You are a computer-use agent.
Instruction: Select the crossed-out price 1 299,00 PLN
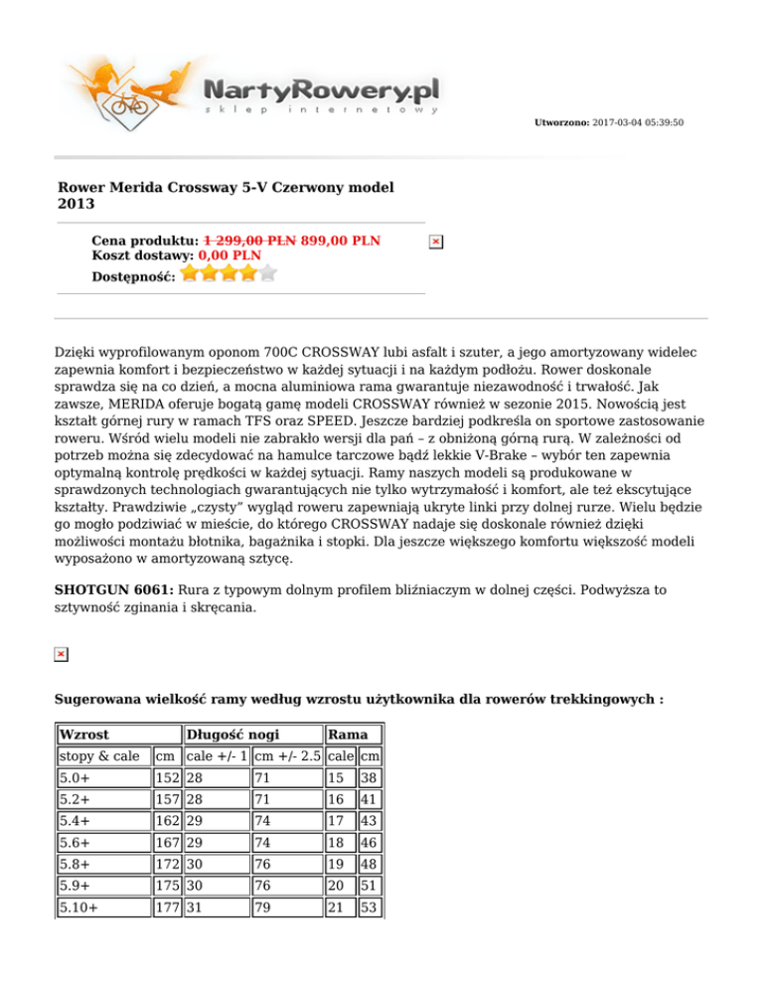pos(249,241)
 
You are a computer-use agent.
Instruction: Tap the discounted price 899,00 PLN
pos(341,241)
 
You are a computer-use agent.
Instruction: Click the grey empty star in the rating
pos(267,272)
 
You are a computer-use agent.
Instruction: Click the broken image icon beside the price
pos(435,242)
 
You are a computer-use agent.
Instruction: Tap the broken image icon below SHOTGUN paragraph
pos(61,653)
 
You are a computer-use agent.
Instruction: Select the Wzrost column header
pos(83,734)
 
